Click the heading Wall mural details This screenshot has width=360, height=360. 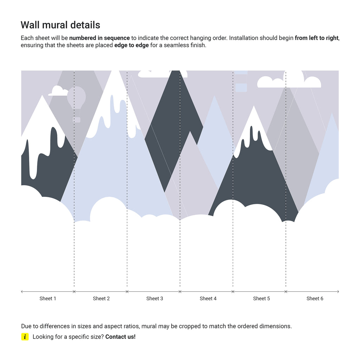[x=60, y=25]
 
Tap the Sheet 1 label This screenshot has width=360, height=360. [x=48, y=298]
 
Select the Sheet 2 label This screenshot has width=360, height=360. [x=101, y=298]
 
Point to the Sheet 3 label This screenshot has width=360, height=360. [x=155, y=298]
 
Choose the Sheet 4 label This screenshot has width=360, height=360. [x=208, y=298]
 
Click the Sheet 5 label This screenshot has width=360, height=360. [x=262, y=298]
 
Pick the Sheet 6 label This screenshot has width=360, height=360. [x=315, y=298]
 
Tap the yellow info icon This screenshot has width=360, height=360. [x=25, y=337]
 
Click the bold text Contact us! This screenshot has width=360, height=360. [x=120, y=337]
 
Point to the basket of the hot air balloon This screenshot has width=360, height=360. [x=76, y=120]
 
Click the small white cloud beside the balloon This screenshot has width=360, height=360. [x=58, y=91]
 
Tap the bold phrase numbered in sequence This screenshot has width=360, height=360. [x=99, y=38]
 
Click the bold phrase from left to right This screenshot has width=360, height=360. [x=316, y=38]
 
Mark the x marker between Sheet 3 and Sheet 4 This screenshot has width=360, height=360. [x=180, y=291]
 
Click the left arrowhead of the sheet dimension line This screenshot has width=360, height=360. [x=22, y=291]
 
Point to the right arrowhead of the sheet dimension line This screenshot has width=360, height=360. [x=338, y=291]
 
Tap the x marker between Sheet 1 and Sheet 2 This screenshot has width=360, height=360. [x=74, y=291]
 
